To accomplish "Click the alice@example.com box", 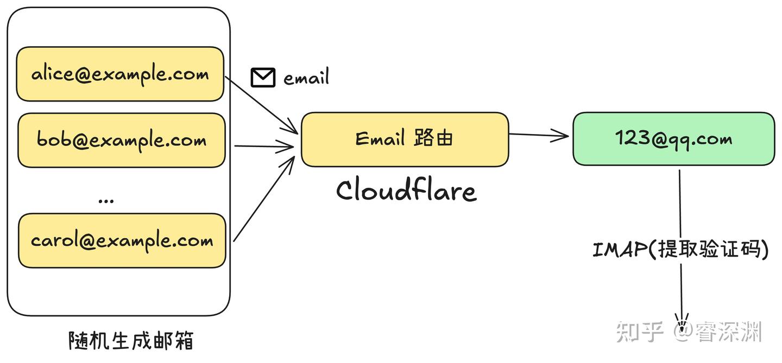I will pyautogui.click(x=119, y=74).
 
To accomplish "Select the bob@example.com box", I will pyautogui.click(x=121, y=140).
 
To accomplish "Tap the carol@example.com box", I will pyautogui.click(x=122, y=240).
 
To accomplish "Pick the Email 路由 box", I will pyautogui.click(x=405, y=139).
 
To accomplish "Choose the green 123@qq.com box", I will pyautogui.click(x=673, y=139).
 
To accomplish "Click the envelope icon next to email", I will pyautogui.click(x=263, y=78).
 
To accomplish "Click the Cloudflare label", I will pyautogui.click(x=406, y=190).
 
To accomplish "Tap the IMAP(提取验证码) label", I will pyautogui.click(x=680, y=250).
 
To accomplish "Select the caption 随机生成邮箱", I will pyautogui.click(x=131, y=341).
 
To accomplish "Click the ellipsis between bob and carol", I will pyautogui.click(x=106, y=200).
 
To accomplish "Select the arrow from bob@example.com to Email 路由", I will pyautogui.click(x=263, y=146).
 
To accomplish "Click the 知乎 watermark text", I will pyautogui.click(x=640, y=332).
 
